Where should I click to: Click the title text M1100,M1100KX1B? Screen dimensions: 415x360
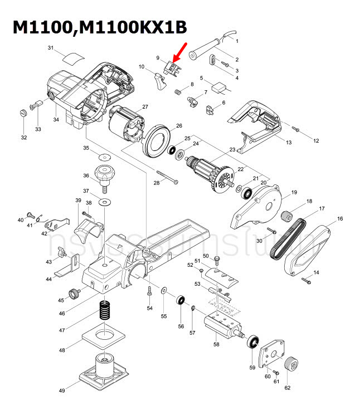click(x=100, y=27)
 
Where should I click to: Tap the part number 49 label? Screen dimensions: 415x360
click(x=62, y=390)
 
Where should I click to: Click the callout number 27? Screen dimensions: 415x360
click(x=145, y=107)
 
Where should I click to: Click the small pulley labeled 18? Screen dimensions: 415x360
click(x=288, y=214)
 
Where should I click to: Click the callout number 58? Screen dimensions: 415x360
click(x=216, y=344)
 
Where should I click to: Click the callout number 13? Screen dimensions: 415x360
click(x=289, y=143)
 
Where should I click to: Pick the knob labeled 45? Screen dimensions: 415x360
click(x=72, y=293)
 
